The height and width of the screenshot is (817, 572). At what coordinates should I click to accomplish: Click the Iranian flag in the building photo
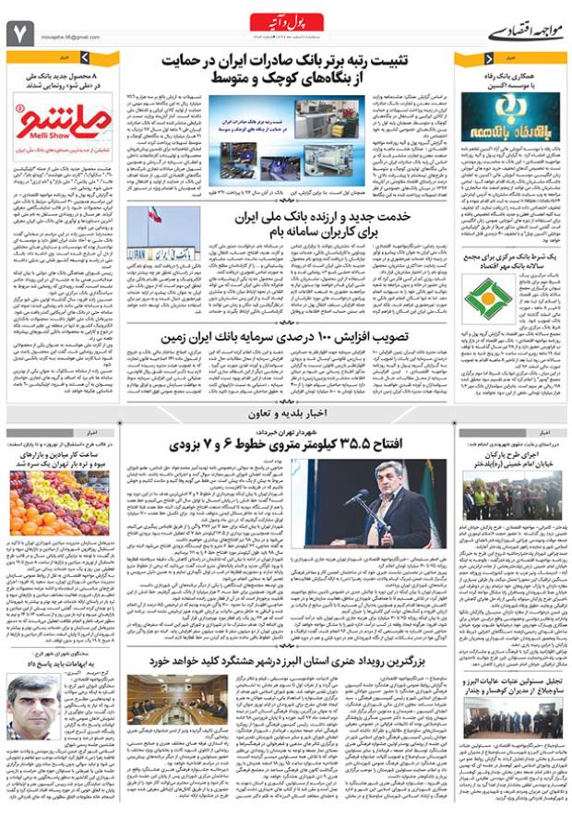153,216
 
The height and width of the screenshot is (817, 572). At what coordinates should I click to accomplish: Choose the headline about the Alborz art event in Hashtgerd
289,661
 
